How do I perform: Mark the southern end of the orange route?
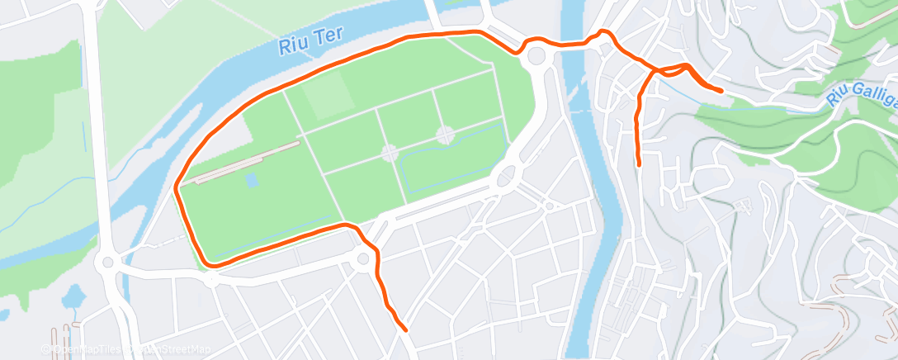[404, 329]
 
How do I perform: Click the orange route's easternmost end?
[721, 90]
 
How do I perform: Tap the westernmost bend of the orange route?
[177, 189]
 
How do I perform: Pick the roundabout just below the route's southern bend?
[363, 262]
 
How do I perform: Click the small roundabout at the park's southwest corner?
[211, 278]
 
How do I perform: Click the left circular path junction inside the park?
[389, 153]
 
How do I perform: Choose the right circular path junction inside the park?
[446, 134]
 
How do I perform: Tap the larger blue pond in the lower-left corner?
[73, 295]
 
